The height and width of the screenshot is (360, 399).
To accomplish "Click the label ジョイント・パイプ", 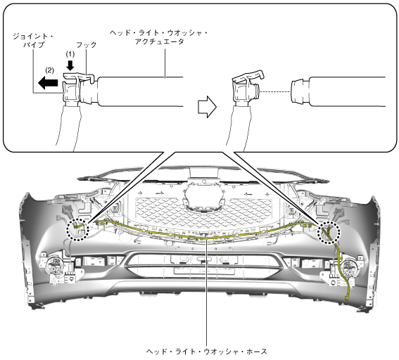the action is coord(33,41).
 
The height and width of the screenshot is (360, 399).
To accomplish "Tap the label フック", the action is coord(87,45).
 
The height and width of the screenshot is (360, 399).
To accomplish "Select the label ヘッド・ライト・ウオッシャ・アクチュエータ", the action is coord(159,37).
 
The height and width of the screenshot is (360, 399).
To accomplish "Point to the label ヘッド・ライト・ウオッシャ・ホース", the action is coord(207,352).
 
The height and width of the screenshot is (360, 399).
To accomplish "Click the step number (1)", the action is coord(70,54).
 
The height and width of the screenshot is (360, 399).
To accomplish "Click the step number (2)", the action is coord(49,70).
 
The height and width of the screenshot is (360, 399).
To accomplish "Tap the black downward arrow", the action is coord(70,65).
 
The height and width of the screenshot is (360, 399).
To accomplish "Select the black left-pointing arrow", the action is coord(48,83).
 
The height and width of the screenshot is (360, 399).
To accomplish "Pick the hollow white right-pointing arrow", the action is coord(207,107).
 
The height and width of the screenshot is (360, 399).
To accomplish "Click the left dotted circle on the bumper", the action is coord(77,229).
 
